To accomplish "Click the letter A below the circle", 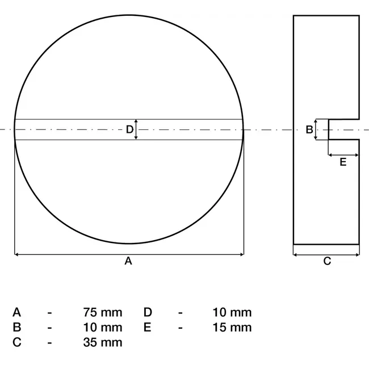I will click(128, 261).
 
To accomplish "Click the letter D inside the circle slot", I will click(129, 129).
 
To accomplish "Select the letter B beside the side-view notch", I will click(309, 129).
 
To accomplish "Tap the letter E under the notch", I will click(343, 162).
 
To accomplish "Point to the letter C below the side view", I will click(326, 261).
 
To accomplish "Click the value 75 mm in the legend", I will click(102, 312).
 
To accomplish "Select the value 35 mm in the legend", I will click(102, 342).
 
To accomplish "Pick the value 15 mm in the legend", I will click(232, 327).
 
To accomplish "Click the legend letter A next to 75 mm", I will click(17, 312).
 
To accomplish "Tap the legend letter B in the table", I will click(17, 327).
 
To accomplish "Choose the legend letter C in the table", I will click(17, 342).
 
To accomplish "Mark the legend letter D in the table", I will click(148, 312).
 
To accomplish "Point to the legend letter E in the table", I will click(148, 327).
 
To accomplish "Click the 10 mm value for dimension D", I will click(232, 312).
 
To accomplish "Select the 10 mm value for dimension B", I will click(102, 327).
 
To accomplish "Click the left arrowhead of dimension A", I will click(16, 254).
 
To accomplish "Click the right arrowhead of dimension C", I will click(357, 254).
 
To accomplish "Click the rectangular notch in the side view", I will click(344, 129).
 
